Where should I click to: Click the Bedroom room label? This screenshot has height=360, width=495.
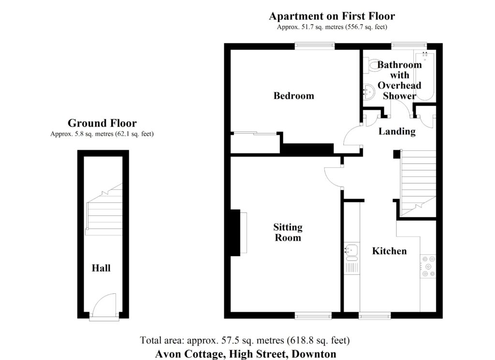coord(293,96)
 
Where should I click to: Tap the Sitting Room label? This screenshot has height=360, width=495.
coord(288,232)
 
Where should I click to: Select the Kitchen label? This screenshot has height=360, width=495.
coord(389,251)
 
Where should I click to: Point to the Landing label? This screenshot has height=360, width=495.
coord(397,131)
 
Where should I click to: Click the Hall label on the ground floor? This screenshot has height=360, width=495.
coord(101,268)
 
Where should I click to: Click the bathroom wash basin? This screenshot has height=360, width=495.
coord(368,91)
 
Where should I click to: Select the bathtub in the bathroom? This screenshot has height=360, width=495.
coord(424,76)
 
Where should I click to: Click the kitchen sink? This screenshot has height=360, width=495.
coord(351,250)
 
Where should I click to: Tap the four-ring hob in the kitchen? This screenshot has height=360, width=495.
coord(428,266)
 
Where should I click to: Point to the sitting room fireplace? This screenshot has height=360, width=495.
coord(239,232)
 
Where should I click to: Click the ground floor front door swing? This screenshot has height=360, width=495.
coord(104,304)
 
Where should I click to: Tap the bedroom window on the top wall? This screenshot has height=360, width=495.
coord(315,46)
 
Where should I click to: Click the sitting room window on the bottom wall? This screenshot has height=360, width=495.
coord(313,316)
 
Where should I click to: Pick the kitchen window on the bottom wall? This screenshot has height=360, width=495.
coord(375,316)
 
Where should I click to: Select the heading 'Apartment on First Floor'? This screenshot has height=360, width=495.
coord(332,16)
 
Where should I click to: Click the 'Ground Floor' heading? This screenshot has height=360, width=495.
coord(102,123)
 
